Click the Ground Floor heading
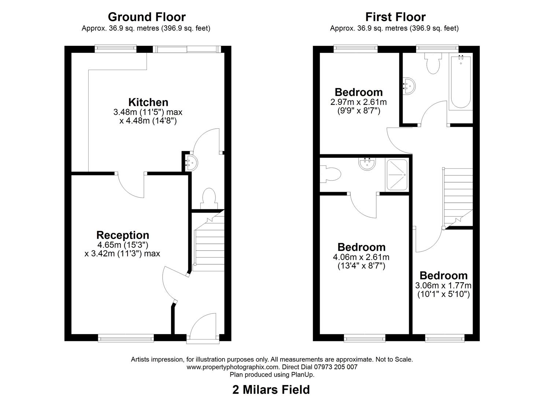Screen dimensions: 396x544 147,17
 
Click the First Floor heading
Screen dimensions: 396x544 395,17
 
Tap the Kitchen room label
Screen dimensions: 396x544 148,102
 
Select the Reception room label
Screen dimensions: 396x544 122,235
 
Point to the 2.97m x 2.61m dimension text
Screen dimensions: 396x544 358,102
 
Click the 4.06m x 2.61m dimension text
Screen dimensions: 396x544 361,257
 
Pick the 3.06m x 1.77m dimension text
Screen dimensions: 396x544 443,285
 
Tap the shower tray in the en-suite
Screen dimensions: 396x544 396,175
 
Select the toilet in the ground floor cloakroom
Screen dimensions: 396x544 209,198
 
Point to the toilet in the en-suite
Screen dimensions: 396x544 329,174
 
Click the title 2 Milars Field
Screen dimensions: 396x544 271,389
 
